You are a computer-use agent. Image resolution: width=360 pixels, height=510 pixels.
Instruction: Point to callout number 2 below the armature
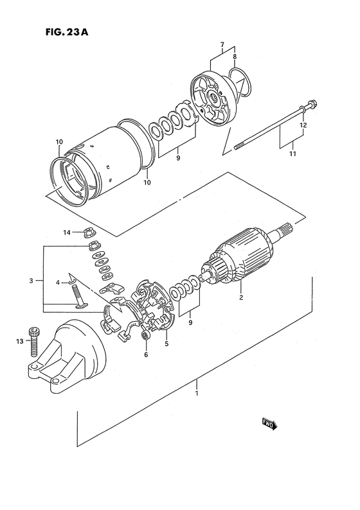click(240, 298)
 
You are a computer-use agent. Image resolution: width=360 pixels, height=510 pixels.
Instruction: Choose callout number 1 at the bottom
click(197, 401)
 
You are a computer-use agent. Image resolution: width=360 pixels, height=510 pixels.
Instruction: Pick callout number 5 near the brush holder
click(166, 344)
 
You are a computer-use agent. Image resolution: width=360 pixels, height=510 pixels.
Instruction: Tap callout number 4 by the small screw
click(57, 283)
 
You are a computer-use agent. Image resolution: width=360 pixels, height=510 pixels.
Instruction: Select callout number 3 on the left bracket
click(30, 281)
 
